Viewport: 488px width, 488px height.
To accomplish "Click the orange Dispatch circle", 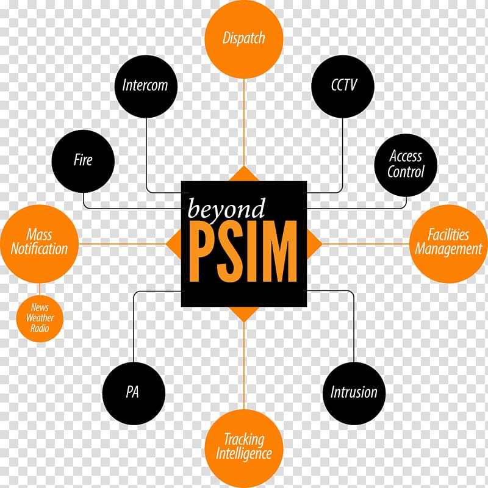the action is click(244, 39).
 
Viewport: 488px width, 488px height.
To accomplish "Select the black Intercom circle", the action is click(146, 87).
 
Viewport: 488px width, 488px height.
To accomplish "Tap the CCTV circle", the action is click(343, 87).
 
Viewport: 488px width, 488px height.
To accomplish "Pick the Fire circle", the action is click(83, 161).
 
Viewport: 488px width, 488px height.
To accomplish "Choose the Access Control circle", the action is click(406, 165).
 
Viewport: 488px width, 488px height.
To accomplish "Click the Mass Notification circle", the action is click(40, 243).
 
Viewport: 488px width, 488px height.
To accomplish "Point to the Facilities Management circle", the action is click(448, 243).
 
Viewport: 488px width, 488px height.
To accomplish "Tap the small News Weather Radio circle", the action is click(40, 318).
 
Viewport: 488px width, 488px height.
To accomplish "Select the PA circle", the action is click(134, 393).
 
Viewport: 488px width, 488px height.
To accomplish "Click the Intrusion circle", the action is click(354, 393).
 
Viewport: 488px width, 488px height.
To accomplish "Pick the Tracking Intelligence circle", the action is click(244, 448).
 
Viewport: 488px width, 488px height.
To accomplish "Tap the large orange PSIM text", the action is click(243, 251).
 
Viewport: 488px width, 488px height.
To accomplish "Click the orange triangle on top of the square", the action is click(244, 175).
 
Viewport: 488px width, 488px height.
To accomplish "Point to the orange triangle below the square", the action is click(244, 314).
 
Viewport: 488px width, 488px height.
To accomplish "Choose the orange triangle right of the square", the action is click(314, 244).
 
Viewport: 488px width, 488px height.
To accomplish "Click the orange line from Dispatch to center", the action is click(244, 123).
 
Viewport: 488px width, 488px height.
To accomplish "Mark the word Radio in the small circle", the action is click(40, 328).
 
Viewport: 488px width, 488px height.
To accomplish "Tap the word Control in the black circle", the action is click(406, 172).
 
